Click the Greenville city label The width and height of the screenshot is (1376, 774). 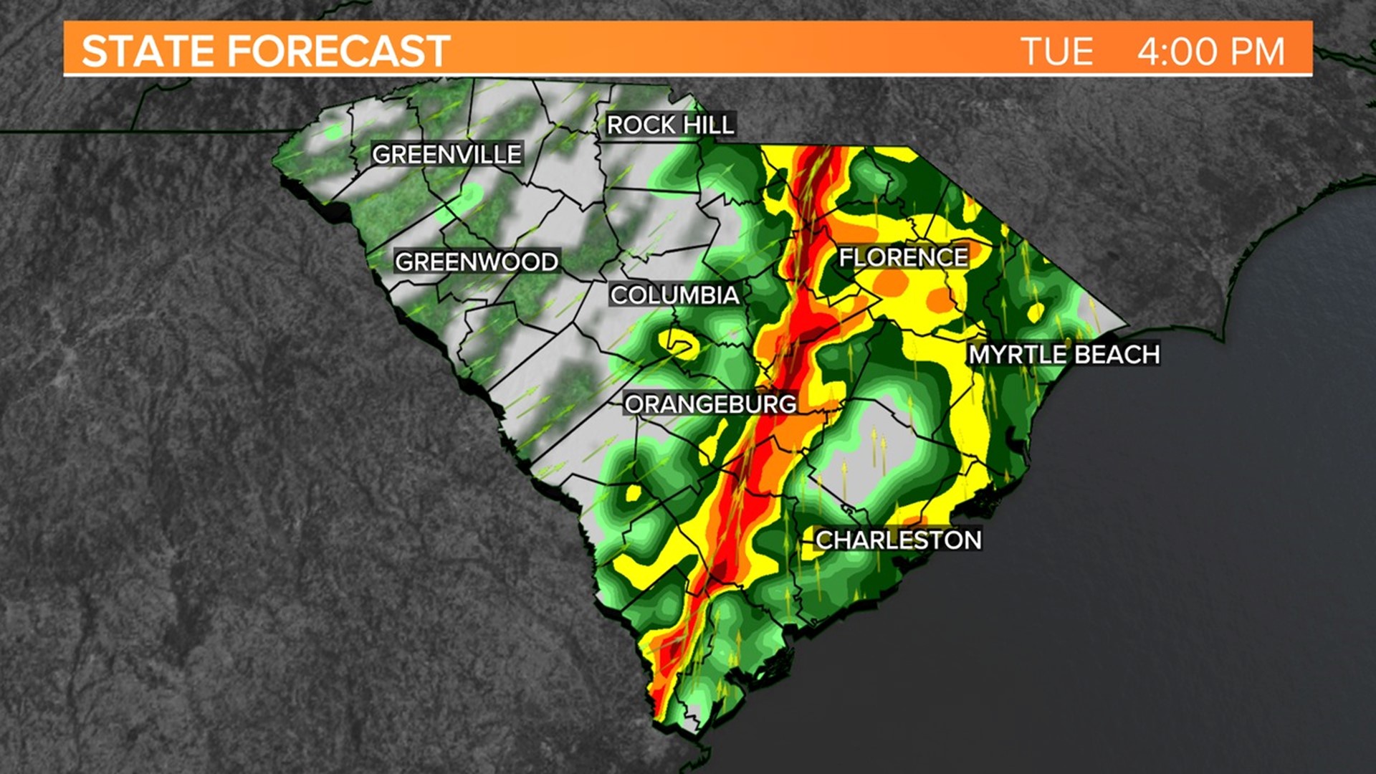tap(446, 154)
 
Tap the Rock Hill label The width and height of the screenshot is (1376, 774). tap(670, 125)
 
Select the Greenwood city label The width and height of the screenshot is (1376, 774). tap(477, 262)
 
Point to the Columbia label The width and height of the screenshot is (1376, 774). tap(674, 295)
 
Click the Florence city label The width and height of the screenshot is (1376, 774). tap(903, 257)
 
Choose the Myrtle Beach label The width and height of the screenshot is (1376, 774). tap(1064, 354)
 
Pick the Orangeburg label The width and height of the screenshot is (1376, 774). tap(710, 404)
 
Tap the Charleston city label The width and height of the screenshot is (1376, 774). tap(898, 540)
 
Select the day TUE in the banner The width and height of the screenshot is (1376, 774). tap(1057, 52)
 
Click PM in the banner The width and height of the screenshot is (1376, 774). tap(1257, 52)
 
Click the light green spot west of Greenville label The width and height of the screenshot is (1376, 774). tap(332, 132)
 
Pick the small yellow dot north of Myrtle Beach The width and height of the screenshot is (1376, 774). tap(1036, 312)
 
